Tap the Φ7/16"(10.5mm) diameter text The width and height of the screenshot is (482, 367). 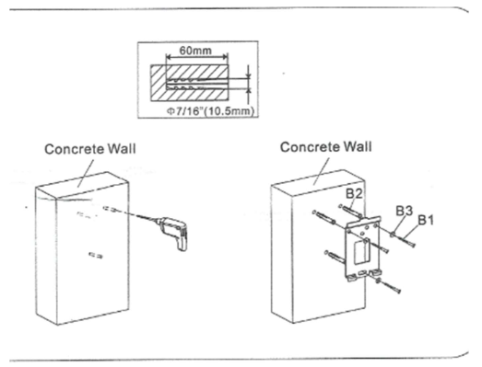210,111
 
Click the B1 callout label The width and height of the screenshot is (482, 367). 426,220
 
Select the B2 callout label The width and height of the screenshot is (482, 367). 354,193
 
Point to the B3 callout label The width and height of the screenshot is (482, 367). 404,211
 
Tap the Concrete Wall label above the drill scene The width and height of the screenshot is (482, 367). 90,149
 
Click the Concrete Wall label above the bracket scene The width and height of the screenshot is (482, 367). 326,147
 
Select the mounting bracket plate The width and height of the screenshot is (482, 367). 363,248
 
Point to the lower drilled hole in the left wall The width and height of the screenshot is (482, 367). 96,255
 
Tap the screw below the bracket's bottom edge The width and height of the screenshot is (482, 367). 389,285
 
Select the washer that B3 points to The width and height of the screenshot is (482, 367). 393,235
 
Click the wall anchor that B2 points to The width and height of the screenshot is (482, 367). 350,211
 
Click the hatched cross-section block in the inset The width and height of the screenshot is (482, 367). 190,83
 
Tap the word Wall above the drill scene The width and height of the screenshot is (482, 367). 122,149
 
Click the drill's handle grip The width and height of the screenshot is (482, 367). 181,243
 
